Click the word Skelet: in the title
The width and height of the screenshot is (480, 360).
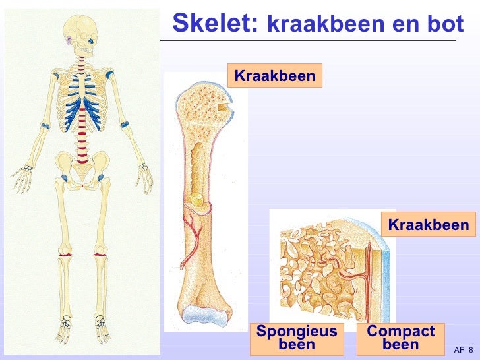(215, 23)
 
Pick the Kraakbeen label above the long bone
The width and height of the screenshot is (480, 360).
(275, 76)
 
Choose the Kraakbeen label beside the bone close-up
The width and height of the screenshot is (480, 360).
(428, 225)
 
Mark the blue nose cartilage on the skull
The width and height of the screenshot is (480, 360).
(90, 45)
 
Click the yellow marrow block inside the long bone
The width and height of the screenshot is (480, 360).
(196, 198)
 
